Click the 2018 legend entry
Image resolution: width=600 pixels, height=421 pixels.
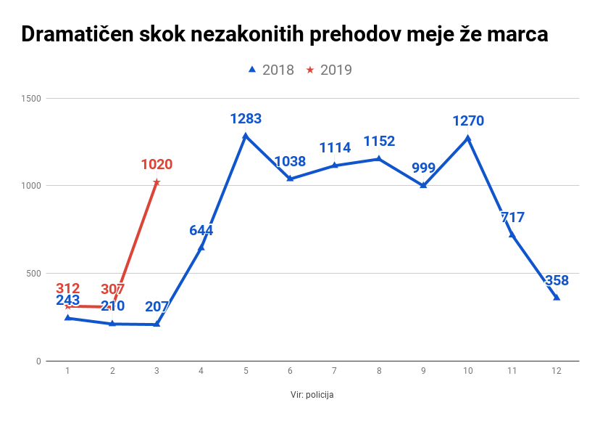271,70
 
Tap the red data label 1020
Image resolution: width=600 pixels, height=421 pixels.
157,165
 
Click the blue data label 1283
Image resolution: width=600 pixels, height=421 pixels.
246,119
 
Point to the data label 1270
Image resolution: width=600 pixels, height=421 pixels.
468,120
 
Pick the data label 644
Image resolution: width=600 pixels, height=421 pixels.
201,231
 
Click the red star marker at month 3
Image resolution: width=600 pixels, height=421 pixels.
157,182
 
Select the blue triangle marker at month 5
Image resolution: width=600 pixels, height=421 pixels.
246,136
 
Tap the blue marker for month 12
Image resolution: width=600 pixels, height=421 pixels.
557,298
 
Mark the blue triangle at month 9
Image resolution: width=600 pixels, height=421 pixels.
423,185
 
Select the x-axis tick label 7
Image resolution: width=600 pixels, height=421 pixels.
334,371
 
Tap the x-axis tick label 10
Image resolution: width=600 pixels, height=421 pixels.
467,371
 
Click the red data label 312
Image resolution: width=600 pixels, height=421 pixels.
67,289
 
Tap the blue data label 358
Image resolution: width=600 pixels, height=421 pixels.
556,281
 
